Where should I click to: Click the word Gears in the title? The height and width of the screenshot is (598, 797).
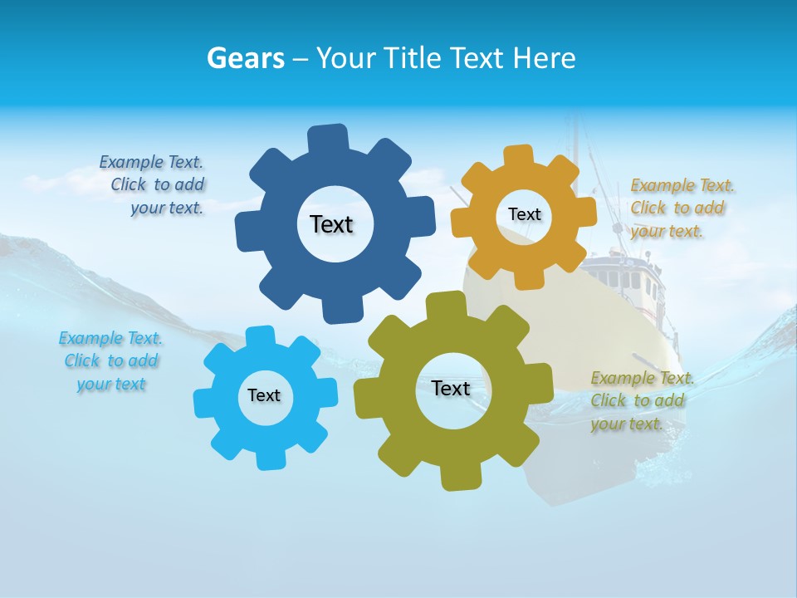click(x=246, y=58)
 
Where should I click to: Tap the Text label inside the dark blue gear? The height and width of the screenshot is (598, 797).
click(x=331, y=224)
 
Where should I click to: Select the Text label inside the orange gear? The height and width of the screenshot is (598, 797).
click(x=524, y=214)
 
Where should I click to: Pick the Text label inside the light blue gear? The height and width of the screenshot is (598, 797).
click(x=264, y=395)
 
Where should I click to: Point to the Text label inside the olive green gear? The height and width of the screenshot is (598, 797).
click(x=451, y=388)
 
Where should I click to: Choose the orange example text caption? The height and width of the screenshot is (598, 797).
click(x=681, y=208)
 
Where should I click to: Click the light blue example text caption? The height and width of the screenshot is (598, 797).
click(x=111, y=360)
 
